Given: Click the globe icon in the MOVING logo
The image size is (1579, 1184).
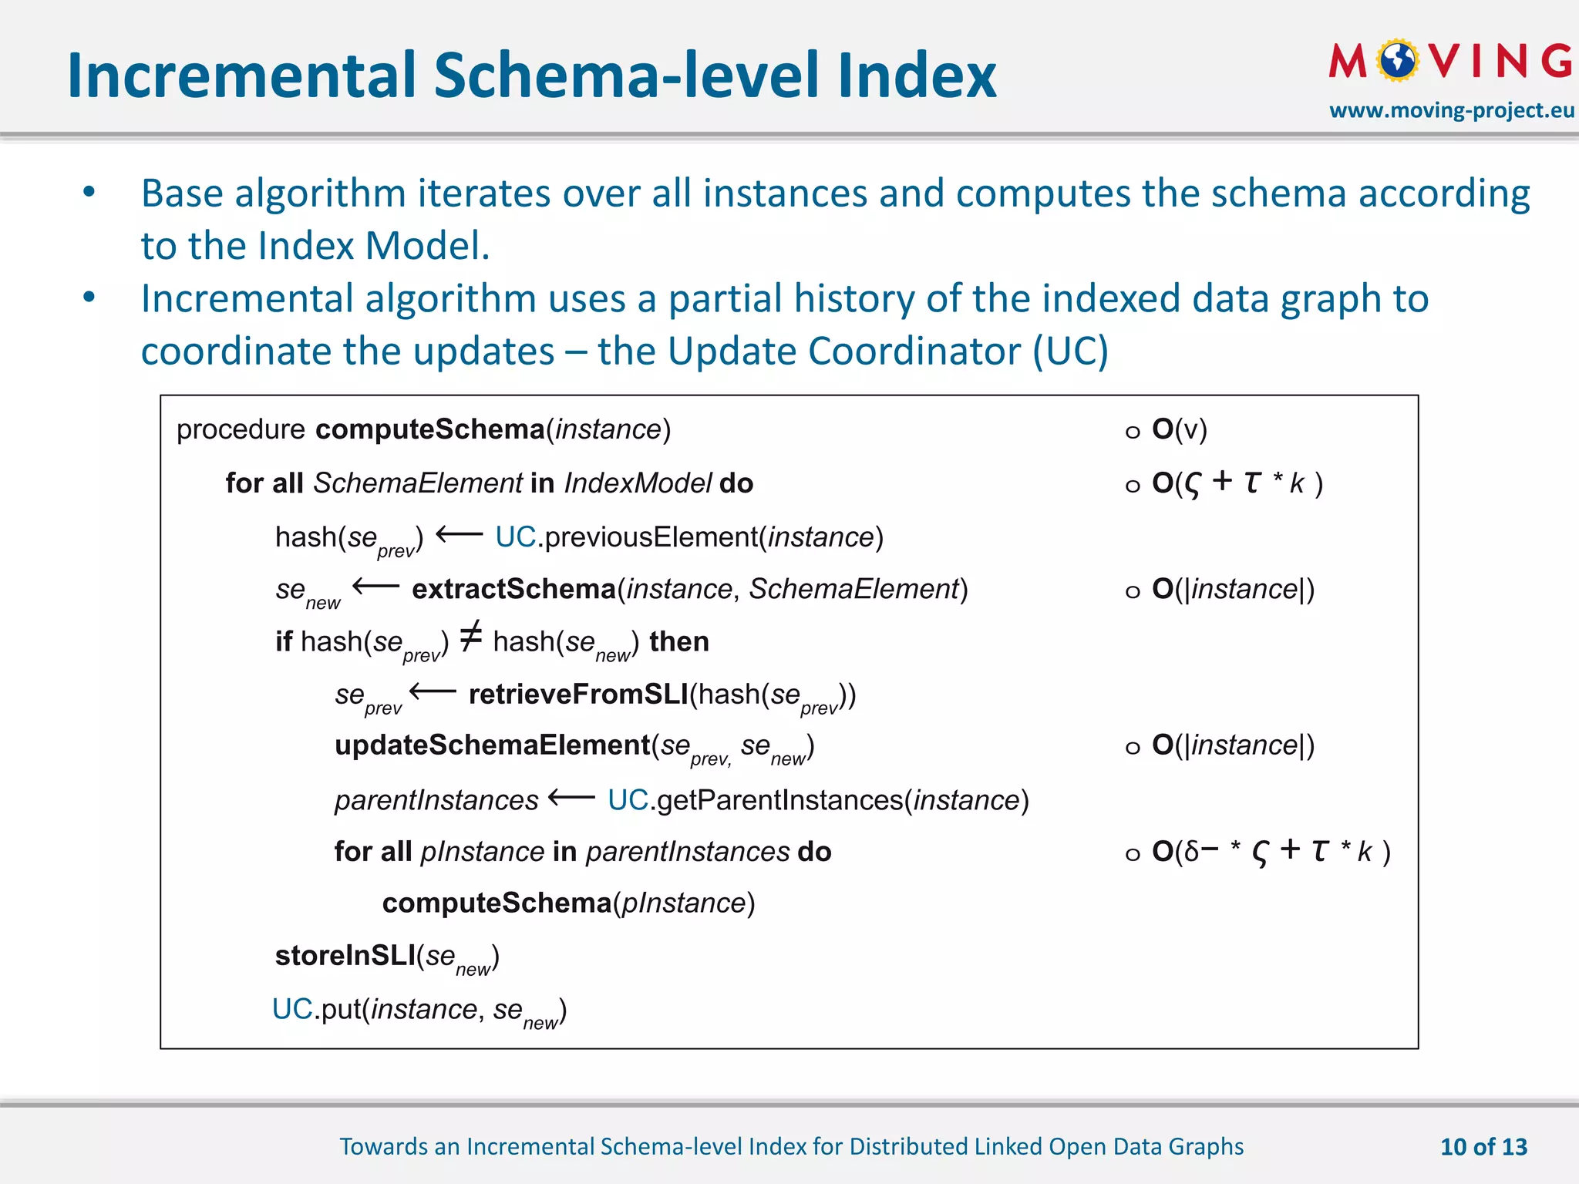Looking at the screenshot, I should tap(1399, 61).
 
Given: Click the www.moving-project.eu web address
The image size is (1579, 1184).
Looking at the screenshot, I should tap(1451, 110).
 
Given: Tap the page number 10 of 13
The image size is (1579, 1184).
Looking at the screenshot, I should tap(1483, 1147).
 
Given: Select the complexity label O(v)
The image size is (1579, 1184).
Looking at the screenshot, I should tap(1178, 429).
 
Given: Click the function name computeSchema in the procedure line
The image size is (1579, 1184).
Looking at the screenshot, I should tap(429, 429).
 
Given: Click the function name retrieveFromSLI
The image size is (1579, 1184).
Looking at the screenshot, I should tap(577, 695).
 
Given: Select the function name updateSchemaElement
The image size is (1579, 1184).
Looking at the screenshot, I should tap(492, 745).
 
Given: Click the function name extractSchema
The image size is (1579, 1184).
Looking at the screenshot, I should tap(513, 589).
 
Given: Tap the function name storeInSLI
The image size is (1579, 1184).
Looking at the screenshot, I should tap(345, 956).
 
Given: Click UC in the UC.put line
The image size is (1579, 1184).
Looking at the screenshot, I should tap(292, 1009).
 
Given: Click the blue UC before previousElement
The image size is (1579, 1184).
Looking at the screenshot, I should tap(515, 537).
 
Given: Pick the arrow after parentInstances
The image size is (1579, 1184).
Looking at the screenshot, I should tap(571, 799).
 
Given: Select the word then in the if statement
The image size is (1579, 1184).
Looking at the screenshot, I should tap(678, 641).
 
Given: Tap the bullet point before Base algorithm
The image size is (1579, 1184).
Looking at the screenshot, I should tap(89, 192).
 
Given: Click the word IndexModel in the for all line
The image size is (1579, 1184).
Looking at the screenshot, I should tap(638, 483).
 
